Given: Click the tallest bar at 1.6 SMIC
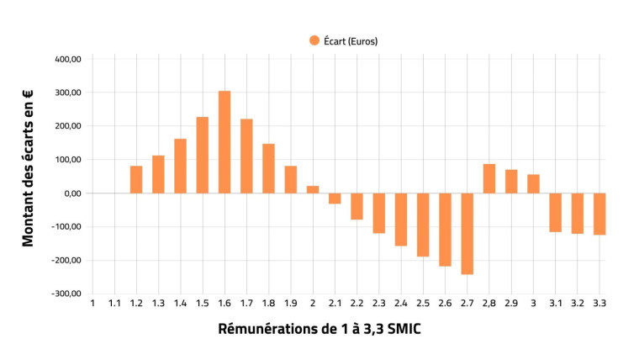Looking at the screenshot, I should pos(224,141).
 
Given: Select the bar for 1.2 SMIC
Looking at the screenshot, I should pos(136,179).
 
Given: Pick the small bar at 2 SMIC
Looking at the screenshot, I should pos(313,189).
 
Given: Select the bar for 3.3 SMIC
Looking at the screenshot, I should pos(599,214).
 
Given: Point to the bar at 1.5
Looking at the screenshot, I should pos(203,155).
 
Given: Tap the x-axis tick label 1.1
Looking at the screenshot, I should pos(114,304).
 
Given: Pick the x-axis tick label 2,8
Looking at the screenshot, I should pos(489,304).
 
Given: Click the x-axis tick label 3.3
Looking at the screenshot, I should pos(599,304).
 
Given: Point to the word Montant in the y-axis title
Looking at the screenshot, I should pos(29,220).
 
